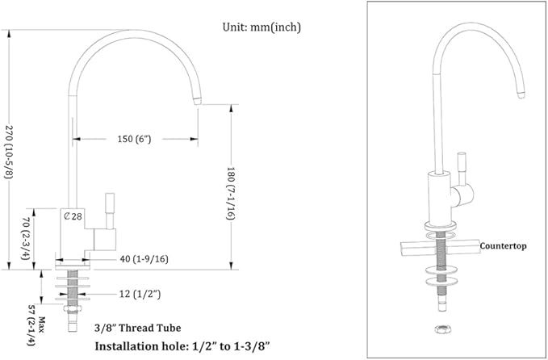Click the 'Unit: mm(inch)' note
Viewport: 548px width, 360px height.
tap(261, 27)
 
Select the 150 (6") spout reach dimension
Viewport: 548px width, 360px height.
tap(134, 139)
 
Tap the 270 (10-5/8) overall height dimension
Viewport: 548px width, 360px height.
tap(9, 152)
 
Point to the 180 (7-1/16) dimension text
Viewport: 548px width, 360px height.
tap(231, 193)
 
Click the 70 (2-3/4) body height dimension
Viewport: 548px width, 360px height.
tap(26, 239)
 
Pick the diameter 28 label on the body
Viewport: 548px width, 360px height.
tap(73, 216)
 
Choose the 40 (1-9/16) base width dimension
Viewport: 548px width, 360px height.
tap(144, 259)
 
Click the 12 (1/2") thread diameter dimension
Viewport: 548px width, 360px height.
tap(140, 295)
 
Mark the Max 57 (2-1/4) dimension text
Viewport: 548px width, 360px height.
tap(36, 325)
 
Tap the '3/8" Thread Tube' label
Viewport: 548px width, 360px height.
tap(138, 328)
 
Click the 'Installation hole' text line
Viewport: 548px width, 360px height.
tap(182, 346)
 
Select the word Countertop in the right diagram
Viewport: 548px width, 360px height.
tap(503, 246)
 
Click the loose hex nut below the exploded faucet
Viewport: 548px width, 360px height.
tap(441, 329)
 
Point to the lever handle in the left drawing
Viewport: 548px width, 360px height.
tap(110, 211)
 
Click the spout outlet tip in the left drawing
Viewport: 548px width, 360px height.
tap(198, 101)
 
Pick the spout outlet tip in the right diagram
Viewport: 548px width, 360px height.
tap(521, 94)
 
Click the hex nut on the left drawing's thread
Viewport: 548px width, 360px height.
tap(73, 308)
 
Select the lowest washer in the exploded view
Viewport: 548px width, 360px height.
tap(441, 282)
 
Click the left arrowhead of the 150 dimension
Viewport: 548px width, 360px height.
tap(76, 139)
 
